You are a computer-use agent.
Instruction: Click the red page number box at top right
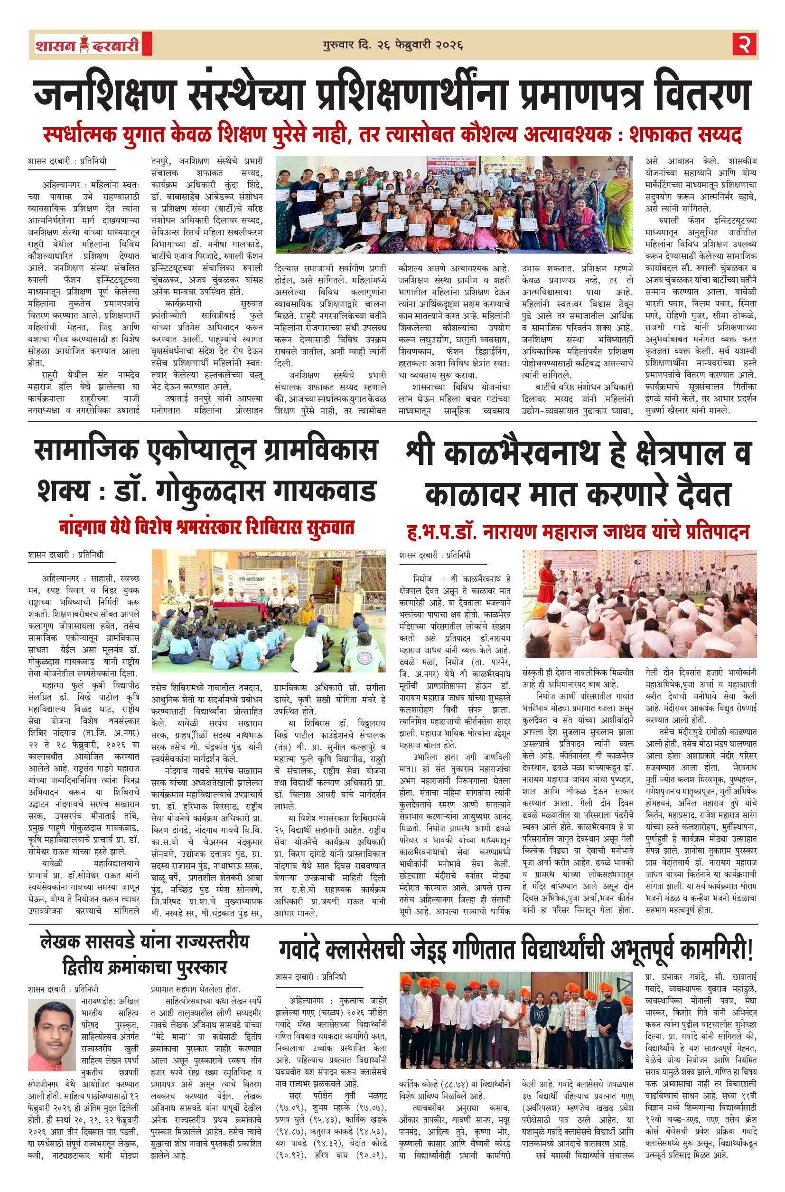(x=744, y=45)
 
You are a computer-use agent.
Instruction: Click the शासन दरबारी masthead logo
(x=88, y=45)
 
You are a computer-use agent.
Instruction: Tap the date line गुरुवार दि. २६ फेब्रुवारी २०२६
(x=392, y=45)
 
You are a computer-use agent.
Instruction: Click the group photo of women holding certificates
(x=454, y=204)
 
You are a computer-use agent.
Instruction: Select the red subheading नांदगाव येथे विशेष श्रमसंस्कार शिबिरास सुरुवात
(x=207, y=528)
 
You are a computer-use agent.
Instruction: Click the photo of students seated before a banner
(x=269, y=610)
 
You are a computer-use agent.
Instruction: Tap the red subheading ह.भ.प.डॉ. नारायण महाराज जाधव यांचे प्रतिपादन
(x=578, y=531)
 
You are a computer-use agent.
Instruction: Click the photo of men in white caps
(x=639, y=603)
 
